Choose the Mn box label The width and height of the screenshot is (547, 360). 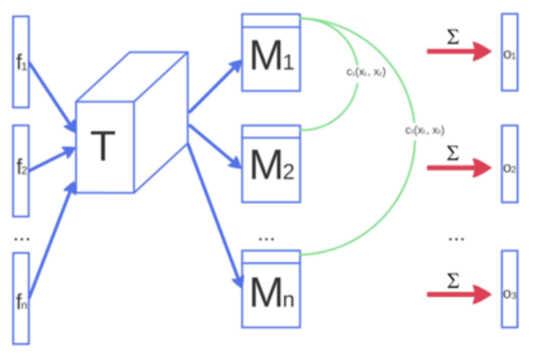(x=271, y=291)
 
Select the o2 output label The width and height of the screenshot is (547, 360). (x=510, y=168)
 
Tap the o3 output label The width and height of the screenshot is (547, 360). (x=510, y=294)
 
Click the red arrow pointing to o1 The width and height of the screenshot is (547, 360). (x=459, y=51)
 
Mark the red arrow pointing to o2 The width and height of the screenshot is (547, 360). (x=459, y=167)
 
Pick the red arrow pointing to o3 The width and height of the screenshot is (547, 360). (x=459, y=294)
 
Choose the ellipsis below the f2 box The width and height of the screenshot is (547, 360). (x=21, y=239)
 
